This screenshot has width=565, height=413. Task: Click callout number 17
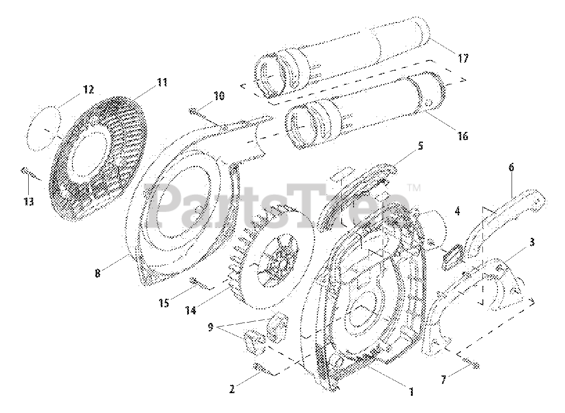pyautogui.click(x=463, y=58)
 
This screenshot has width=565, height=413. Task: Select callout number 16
pyautogui.click(x=463, y=136)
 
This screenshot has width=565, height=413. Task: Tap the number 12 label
pyautogui.click(x=88, y=90)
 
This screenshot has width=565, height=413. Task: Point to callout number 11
pyautogui.click(x=162, y=82)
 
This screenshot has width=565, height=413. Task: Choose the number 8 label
pyautogui.click(x=97, y=273)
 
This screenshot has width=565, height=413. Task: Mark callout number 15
pyautogui.click(x=164, y=304)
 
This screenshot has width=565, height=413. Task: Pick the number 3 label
pyautogui.click(x=533, y=242)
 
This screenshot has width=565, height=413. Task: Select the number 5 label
pyautogui.click(x=421, y=146)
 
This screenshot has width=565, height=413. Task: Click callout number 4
pyautogui.click(x=457, y=211)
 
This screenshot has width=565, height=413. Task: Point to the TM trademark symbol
pyautogui.click(x=414, y=188)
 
